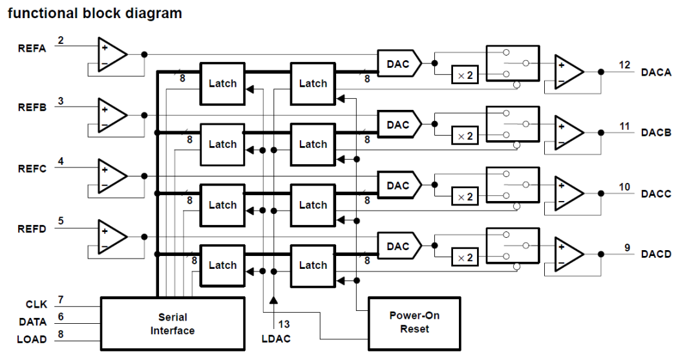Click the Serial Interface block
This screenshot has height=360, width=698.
click(x=173, y=324)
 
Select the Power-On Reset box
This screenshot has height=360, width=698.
click(x=414, y=322)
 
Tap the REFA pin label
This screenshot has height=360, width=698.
click(x=32, y=48)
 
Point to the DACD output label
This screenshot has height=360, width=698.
click(x=655, y=254)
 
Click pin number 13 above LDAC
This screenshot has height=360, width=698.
click(x=284, y=324)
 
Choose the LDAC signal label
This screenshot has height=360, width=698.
click(x=277, y=339)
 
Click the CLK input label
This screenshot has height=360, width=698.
click(x=36, y=304)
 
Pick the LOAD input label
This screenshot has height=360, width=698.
click(x=32, y=339)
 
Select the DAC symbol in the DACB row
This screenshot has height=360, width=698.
click(x=398, y=125)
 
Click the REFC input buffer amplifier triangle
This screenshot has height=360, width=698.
click(x=112, y=175)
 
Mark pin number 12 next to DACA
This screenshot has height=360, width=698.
click(x=624, y=65)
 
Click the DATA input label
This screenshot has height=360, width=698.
click(x=32, y=321)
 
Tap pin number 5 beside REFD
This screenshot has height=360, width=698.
click(x=61, y=221)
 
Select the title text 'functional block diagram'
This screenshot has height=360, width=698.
click(x=94, y=13)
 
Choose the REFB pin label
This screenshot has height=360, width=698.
click(x=32, y=108)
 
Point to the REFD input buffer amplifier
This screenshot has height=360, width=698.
click(x=112, y=236)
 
